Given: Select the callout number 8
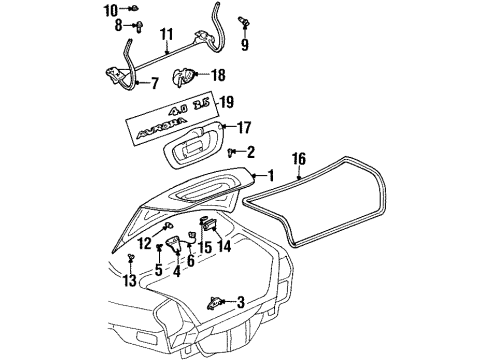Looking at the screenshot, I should [117, 24].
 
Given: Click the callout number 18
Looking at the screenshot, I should [218, 74].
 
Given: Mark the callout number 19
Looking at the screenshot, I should [227, 101].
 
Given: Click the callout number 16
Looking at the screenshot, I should [298, 157].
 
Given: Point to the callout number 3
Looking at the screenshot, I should [240, 302].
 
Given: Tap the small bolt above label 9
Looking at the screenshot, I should [244, 22].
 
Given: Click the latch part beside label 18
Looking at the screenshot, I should [187, 75].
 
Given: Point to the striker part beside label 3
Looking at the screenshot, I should [215, 301].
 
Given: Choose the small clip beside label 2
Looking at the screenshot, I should [231, 151].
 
